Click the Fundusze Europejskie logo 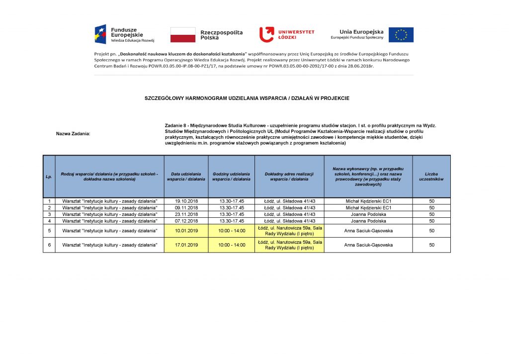pos(125,34)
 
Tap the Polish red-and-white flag pos(183,35)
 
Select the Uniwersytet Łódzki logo pos(287,34)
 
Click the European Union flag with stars pos(401,35)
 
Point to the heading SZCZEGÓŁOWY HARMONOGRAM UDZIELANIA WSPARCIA pos(247,98)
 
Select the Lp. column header pos(49,177)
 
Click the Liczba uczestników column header pos(431,177)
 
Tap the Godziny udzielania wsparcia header pos(231,177)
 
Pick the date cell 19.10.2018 pos(186,201)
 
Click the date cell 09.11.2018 pos(186,207)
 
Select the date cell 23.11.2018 pos(186,214)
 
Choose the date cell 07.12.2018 pos(186,221)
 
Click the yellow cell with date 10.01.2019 pos(186,231)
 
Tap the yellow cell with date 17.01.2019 pos(186,245)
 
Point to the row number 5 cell pos(49,231)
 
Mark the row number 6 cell pos(49,245)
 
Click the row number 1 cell pos(49,201)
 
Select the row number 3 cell pos(49,214)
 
